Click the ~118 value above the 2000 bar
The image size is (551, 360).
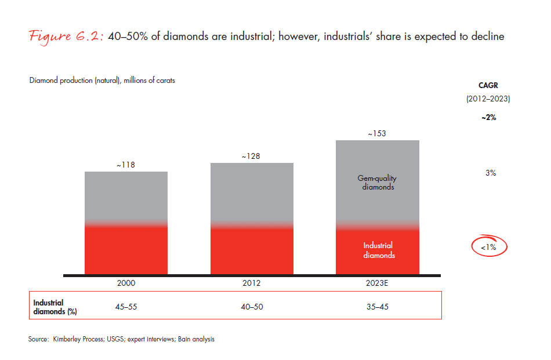coord(126,165)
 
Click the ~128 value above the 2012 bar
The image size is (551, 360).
coord(252,157)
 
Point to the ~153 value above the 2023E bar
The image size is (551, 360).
coord(377,134)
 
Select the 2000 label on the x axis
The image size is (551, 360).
coord(126,283)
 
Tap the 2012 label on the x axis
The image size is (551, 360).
coord(252,283)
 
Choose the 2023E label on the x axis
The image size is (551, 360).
coord(378,283)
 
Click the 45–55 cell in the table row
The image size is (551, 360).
coord(126,307)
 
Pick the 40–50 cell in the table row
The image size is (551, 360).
coord(252,307)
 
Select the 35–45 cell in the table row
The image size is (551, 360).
coord(378,307)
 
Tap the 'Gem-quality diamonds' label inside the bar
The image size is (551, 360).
coord(378,183)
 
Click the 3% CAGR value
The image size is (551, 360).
coord(490,173)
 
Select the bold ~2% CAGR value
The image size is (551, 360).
coord(488,117)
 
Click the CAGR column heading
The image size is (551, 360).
coord(488,85)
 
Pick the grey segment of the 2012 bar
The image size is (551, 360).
coord(252,191)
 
